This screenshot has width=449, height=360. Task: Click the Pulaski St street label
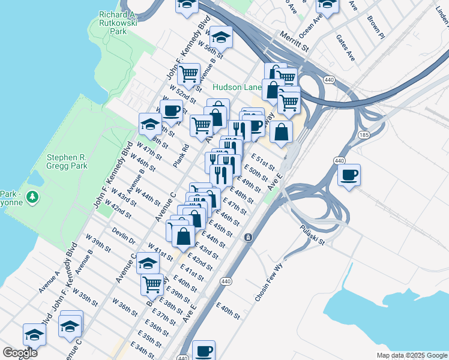click(313, 235)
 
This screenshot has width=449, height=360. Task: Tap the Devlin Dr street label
click(123, 237)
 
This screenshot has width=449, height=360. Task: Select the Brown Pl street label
click(377, 25)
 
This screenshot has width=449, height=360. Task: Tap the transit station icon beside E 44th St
click(247, 238)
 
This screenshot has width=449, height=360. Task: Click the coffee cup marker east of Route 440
click(349, 175)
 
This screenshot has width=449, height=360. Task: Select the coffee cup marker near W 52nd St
click(172, 110)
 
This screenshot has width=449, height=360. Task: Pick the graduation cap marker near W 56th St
click(221, 37)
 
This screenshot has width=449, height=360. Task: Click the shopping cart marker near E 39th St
click(152, 284)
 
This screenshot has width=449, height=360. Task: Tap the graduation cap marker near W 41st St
click(148, 263)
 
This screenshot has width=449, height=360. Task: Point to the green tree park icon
click(34, 196)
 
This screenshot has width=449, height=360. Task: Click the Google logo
click(20, 353)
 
